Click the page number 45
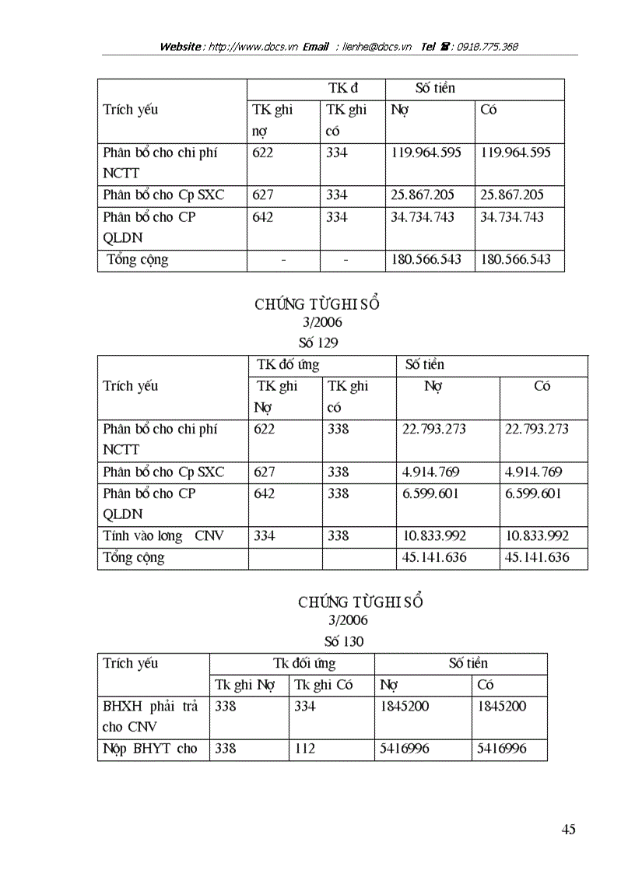(568, 830)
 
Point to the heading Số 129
(318, 342)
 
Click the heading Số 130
(343, 642)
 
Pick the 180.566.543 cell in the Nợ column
(426, 260)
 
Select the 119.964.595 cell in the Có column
(515, 153)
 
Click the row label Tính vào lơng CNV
(163, 536)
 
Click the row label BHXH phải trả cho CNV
(150, 717)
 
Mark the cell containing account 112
(305, 749)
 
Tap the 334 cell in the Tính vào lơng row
(265, 536)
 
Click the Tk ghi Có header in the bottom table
(324, 685)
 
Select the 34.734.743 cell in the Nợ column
(423, 217)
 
